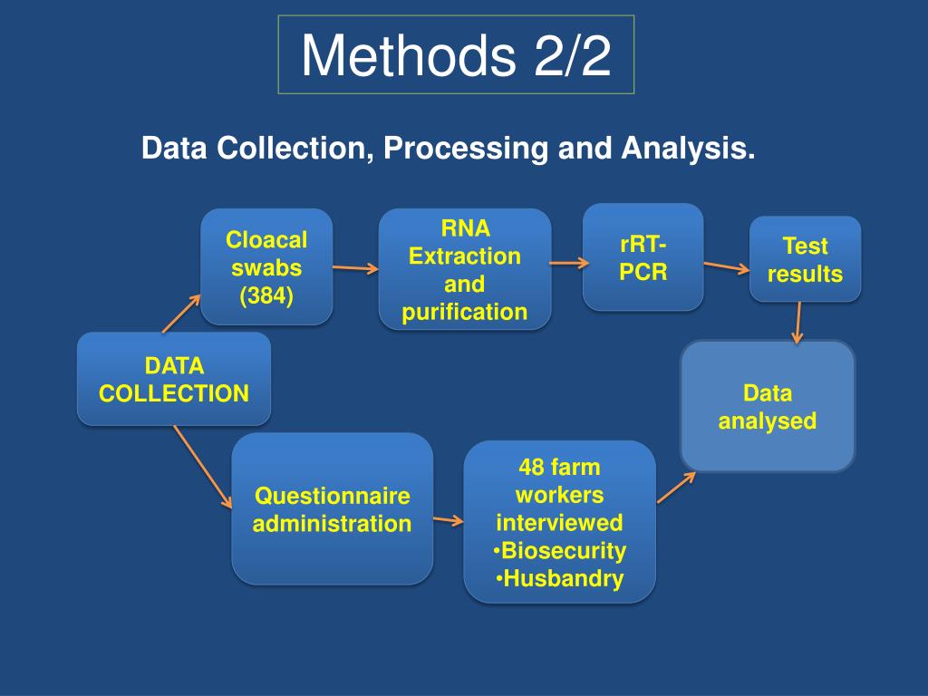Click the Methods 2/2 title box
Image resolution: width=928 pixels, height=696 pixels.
[456, 54]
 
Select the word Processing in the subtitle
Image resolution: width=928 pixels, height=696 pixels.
[464, 149]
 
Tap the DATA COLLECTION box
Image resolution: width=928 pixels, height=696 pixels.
[174, 379]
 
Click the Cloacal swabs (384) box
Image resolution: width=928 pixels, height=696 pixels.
[266, 267]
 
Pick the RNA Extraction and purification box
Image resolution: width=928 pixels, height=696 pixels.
[465, 269]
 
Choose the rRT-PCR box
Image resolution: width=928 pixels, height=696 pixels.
[643, 257]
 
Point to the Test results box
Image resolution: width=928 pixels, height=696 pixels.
[805, 259]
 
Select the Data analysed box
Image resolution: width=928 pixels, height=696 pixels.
[768, 406]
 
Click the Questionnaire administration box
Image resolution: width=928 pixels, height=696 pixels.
[332, 508]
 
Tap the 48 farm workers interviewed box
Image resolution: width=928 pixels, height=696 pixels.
[559, 522]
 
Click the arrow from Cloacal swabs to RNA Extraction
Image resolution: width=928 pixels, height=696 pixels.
[355, 267]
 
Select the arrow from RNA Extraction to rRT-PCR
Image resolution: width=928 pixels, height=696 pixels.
[569, 264]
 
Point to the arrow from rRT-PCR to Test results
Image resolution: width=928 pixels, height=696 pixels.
[727, 266]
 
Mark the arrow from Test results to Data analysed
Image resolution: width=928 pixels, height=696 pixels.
[798, 323]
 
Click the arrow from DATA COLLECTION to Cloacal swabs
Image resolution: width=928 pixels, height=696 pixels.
[181, 314]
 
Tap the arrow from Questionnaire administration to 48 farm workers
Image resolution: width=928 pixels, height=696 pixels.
[448, 520]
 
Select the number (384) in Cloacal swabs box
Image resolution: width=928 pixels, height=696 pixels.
[266, 295]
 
